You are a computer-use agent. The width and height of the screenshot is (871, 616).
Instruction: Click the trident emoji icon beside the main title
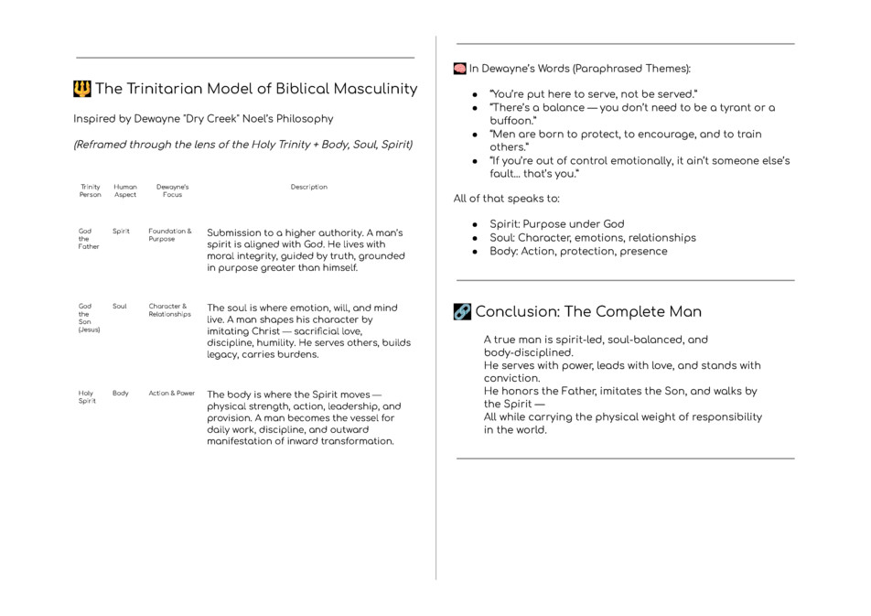pos(82,89)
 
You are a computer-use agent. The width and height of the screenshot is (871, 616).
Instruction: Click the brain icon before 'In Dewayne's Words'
pos(460,69)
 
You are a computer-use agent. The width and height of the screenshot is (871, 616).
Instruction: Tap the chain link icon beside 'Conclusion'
pos(462,312)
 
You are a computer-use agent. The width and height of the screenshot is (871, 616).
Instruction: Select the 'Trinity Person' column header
pos(91,190)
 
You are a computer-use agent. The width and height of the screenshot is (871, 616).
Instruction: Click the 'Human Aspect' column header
pos(125,190)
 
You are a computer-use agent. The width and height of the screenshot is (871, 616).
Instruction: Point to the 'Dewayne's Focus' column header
pos(172,190)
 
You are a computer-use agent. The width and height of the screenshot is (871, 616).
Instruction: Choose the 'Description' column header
pos(308,187)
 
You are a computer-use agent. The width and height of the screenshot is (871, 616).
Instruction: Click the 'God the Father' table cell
pos(89,239)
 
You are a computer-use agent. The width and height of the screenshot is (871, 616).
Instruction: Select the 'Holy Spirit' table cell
pos(87,397)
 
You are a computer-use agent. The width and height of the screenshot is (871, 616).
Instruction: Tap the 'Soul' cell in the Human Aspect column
pos(120,307)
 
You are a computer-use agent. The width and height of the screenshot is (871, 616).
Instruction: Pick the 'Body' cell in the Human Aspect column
pos(121,394)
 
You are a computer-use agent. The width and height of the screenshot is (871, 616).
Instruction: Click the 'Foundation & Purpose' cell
pos(170,235)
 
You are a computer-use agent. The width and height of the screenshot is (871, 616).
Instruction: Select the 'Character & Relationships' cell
pos(170,310)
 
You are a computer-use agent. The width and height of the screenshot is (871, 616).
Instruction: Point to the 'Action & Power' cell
pos(172,394)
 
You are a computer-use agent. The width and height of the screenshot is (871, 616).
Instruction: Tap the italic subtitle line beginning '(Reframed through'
pos(242,145)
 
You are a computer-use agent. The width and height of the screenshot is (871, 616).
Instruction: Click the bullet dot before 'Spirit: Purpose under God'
pos(475,224)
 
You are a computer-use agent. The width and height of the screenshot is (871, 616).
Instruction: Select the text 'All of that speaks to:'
pos(507,199)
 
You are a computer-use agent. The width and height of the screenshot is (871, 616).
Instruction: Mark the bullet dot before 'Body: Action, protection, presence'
pos(475,252)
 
